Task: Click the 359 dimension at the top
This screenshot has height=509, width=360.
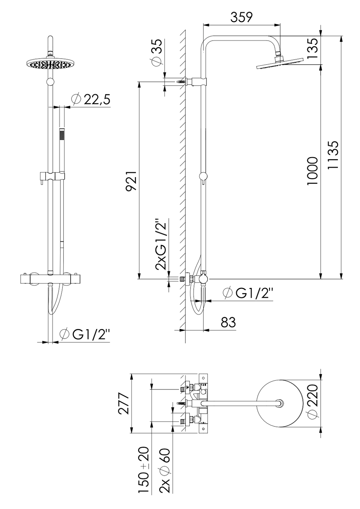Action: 242,17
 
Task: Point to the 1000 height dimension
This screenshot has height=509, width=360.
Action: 312,172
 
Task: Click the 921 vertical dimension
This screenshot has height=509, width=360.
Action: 131,181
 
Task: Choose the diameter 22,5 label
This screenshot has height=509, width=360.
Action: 91,99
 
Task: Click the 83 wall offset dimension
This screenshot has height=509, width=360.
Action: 228,322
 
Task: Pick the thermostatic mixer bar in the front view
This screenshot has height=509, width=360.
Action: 51,279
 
